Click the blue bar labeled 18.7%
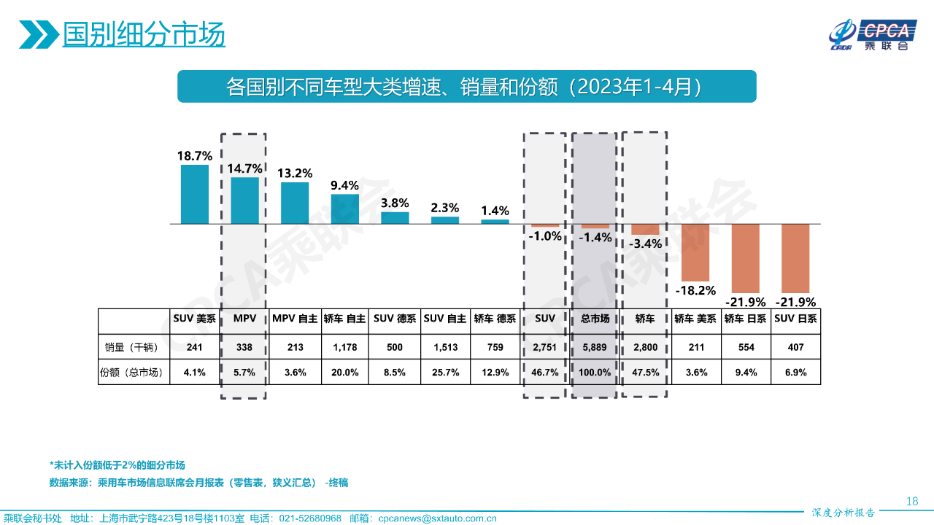point(195,194)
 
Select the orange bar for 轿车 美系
point(695,252)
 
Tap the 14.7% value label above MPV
point(244,168)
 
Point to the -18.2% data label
point(695,290)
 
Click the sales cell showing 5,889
point(594,347)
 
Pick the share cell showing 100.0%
point(594,372)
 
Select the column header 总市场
point(594,319)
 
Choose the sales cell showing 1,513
point(444,347)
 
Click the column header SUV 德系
point(395,319)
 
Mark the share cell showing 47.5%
point(646,372)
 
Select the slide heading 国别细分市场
point(144,34)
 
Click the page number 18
point(911,501)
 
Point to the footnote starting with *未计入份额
point(117,465)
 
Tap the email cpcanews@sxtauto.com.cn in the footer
point(438,518)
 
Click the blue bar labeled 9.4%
point(344,209)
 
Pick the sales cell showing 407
point(795,347)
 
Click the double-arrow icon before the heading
point(38,34)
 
